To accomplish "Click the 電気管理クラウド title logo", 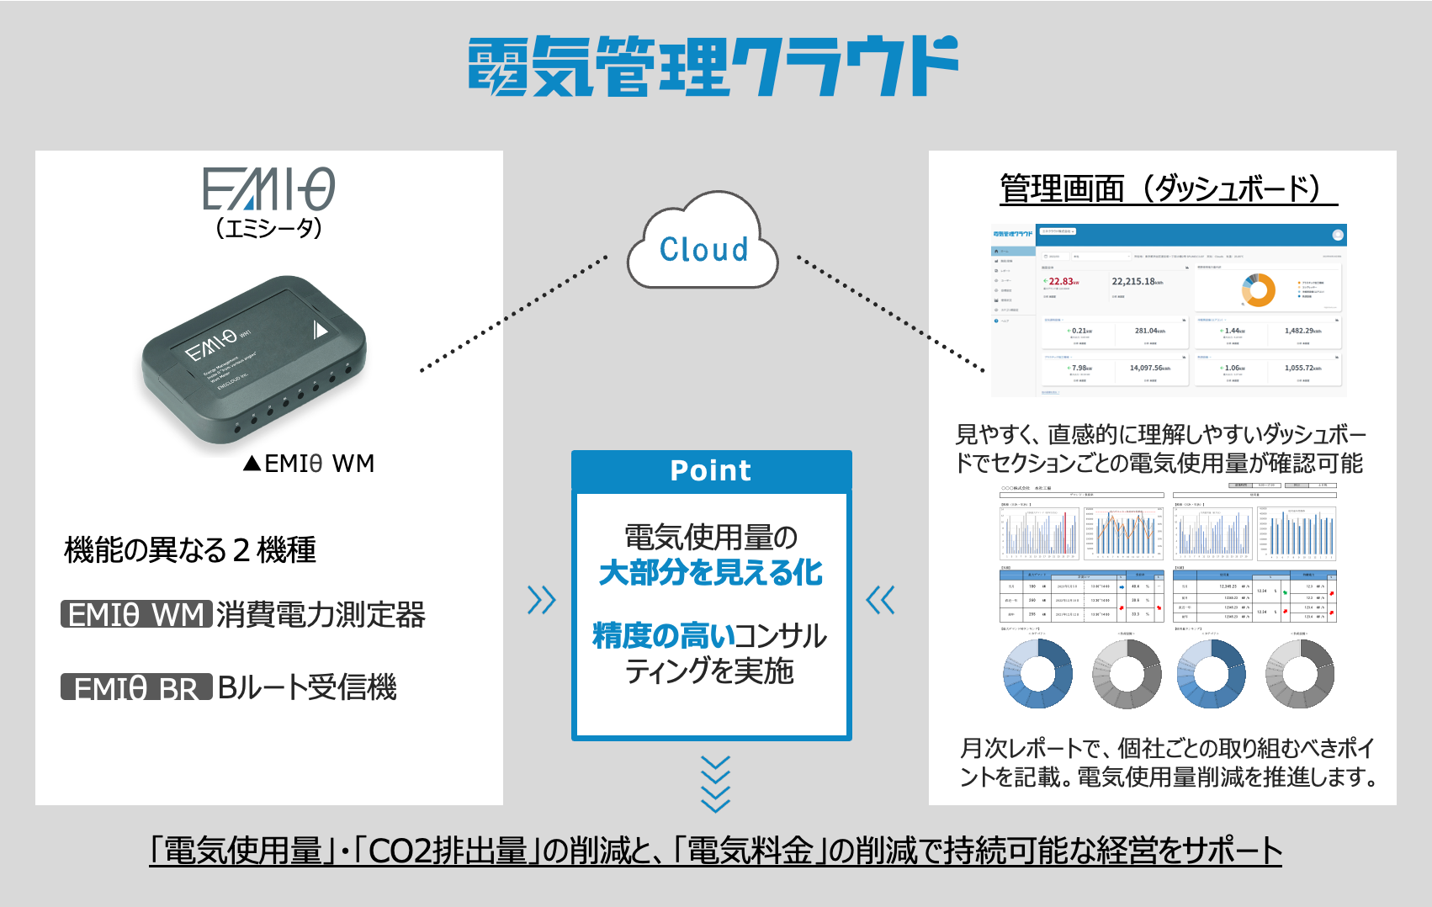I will [713, 66].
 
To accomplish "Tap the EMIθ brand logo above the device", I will [268, 189].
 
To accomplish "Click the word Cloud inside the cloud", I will [703, 250].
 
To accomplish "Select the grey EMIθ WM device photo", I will [254, 359].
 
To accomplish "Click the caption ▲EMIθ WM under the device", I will [309, 464].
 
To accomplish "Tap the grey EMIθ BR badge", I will [135, 688].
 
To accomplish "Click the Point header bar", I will [711, 471].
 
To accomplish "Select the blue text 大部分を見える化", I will [711, 573].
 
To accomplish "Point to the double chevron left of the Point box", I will [541, 600].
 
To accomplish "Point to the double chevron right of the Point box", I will [881, 600].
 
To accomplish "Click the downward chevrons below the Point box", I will [715, 784].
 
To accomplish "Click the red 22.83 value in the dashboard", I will [1062, 282].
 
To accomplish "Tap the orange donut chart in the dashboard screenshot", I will [1259, 289].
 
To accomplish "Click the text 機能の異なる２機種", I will [190, 550].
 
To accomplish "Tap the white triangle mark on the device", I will [320, 330].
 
